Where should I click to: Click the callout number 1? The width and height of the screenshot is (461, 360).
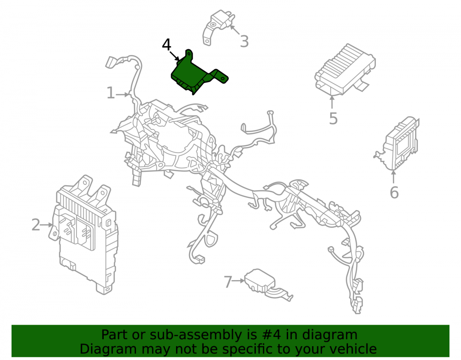(x=111, y=93)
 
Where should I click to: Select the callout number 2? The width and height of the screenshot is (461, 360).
(x=36, y=225)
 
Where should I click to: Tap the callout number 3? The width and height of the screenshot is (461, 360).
(x=244, y=41)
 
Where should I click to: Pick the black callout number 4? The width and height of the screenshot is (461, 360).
(x=166, y=45)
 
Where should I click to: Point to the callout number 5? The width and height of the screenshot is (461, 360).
(x=333, y=119)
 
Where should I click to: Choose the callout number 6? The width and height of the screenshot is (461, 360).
(x=394, y=193)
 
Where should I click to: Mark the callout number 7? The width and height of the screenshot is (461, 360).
(x=228, y=282)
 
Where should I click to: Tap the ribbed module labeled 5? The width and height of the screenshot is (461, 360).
(x=344, y=70)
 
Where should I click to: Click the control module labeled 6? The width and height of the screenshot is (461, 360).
(x=398, y=143)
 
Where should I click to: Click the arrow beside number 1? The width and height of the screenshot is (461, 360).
(x=123, y=94)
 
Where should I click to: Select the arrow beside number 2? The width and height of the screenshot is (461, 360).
(x=47, y=225)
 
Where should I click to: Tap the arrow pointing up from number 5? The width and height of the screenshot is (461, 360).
(x=332, y=102)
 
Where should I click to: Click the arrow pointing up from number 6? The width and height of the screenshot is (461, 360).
(x=393, y=177)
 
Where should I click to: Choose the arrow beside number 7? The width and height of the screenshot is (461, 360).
(x=238, y=281)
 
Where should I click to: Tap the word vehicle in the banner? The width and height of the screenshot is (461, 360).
(x=353, y=349)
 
